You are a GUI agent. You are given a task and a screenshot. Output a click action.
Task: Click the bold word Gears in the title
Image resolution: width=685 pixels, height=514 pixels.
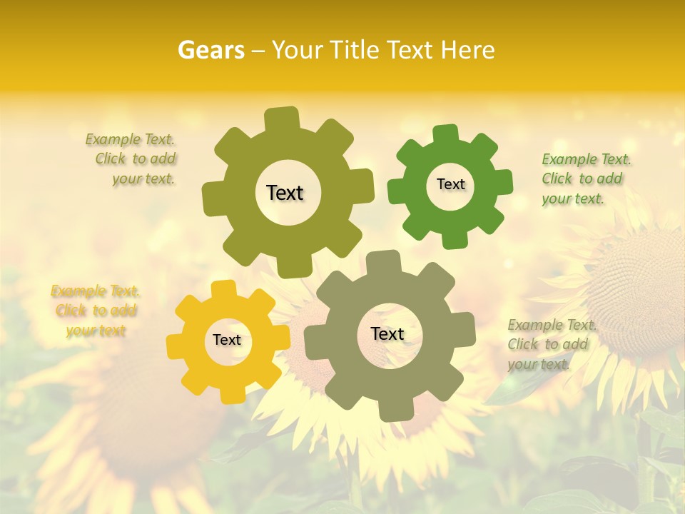point(210,50)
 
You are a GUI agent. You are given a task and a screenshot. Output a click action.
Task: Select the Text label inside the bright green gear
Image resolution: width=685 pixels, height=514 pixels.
point(450,184)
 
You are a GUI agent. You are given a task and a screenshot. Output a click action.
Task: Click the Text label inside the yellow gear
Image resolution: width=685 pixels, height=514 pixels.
point(227,341)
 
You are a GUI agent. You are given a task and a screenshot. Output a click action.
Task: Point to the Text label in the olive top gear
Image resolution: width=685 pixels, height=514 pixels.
point(285,193)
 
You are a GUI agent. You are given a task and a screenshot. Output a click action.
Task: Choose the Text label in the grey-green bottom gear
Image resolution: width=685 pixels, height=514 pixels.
point(387,334)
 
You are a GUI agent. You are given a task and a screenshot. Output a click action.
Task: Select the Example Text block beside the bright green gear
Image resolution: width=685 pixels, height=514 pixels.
point(585,178)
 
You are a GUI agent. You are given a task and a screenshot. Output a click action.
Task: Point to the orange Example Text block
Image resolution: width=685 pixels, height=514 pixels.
point(96,311)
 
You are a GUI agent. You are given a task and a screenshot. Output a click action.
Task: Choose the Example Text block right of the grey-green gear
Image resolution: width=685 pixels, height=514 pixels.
point(551,345)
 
